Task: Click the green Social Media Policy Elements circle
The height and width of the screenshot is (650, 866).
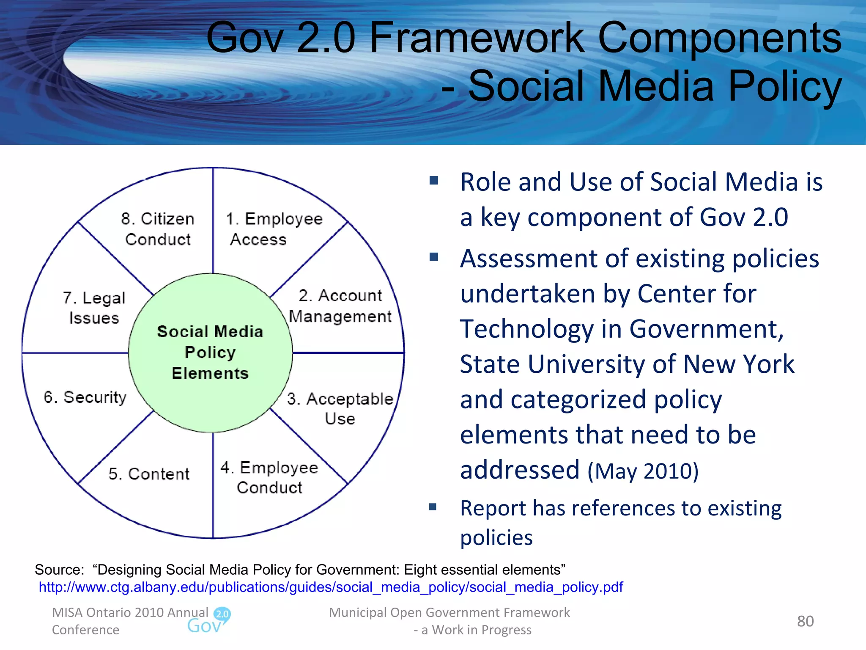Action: pos(210,353)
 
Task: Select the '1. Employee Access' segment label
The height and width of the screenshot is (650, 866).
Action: pos(274,229)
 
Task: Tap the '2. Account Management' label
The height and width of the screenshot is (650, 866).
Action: pos(340,306)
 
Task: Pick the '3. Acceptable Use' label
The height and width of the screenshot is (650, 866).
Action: pos(340,408)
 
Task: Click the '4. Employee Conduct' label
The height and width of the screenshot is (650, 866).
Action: pos(269,477)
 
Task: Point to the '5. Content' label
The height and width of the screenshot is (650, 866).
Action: pos(149,474)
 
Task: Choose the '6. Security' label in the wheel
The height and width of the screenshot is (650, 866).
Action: pos(85,397)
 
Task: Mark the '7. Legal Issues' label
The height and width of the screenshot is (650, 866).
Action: pos(94,308)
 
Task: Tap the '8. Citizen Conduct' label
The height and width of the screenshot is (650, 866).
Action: pos(158,229)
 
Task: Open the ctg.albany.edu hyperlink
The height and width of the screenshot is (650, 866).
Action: pos(331,587)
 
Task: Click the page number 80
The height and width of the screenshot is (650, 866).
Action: pos(805,621)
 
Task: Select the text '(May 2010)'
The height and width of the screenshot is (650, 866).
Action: pos(643,471)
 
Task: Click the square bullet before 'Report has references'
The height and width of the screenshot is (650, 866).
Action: pos(433,507)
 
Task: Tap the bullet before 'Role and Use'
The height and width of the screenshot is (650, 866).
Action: pos(433,181)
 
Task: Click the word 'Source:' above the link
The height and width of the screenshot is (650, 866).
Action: pos(59,570)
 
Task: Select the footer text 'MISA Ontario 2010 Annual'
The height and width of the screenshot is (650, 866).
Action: pos(130,612)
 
